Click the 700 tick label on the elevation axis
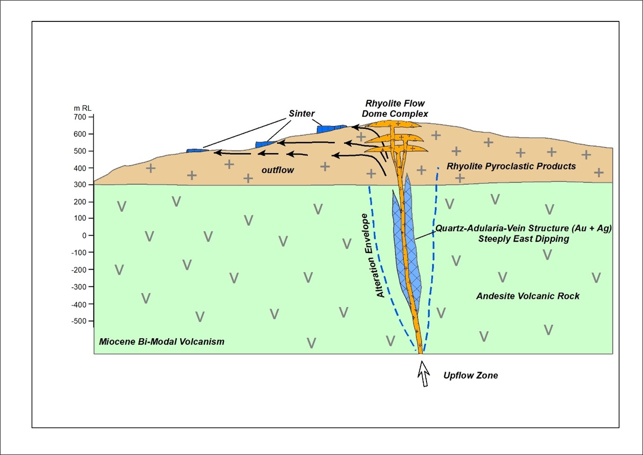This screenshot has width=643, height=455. click(80, 117)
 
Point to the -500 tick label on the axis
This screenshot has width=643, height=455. click(79, 321)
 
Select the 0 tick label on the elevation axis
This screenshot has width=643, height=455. click(84, 236)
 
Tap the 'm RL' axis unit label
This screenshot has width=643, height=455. click(82, 108)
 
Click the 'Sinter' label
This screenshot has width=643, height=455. click(302, 114)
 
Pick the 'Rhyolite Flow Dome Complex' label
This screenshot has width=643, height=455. click(395, 109)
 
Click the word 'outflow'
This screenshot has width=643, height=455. click(278, 170)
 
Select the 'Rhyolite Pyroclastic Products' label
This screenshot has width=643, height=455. click(511, 166)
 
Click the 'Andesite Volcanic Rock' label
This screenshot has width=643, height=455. click(528, 296)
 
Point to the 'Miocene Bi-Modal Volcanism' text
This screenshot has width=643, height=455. click(162, 342)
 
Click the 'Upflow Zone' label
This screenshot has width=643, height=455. click(470, 375)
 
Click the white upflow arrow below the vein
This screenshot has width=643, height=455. click(423, 374)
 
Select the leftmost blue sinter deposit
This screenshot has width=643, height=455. click(196, 150)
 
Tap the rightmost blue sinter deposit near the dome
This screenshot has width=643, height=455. click(331, 128)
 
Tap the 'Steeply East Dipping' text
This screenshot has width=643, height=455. click(523, 239)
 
